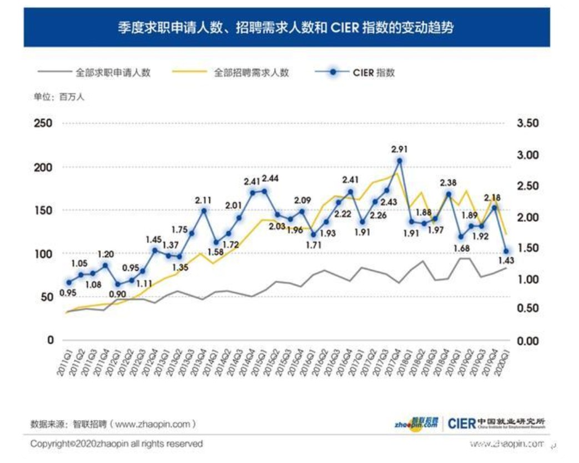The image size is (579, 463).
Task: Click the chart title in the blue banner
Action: click(286, 27)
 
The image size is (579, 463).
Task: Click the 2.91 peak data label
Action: click(400, 149)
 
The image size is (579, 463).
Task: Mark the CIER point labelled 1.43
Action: click(506, 251)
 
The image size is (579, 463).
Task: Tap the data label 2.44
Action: click(270, 178)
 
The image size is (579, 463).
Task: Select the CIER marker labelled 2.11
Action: click(204, 211)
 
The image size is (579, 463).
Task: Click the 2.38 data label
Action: click(449, 182)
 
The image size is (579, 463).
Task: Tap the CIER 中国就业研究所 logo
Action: click(496, 424)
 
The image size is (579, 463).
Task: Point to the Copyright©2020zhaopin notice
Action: click(117, 444)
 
